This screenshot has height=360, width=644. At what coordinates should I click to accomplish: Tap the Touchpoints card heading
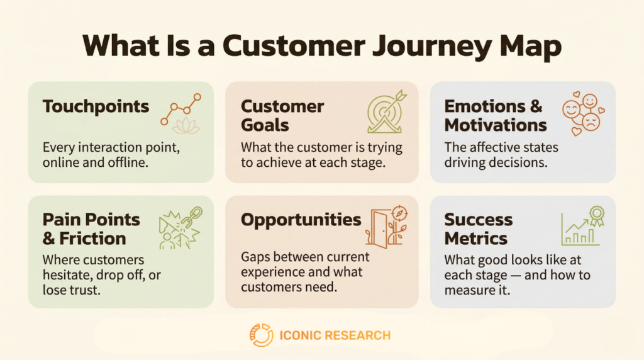pos(96,106)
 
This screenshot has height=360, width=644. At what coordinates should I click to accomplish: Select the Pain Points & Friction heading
pos(92,228)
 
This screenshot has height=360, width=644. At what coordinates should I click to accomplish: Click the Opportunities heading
pos(301,220)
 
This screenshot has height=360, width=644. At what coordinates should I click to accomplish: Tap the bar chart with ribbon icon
pos(583,227)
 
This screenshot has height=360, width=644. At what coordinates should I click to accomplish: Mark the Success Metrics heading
pos(479,228)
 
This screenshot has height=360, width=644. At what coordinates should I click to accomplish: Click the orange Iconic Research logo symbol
pos(261,335)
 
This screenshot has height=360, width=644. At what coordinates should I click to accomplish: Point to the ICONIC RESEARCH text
pos(334,335)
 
